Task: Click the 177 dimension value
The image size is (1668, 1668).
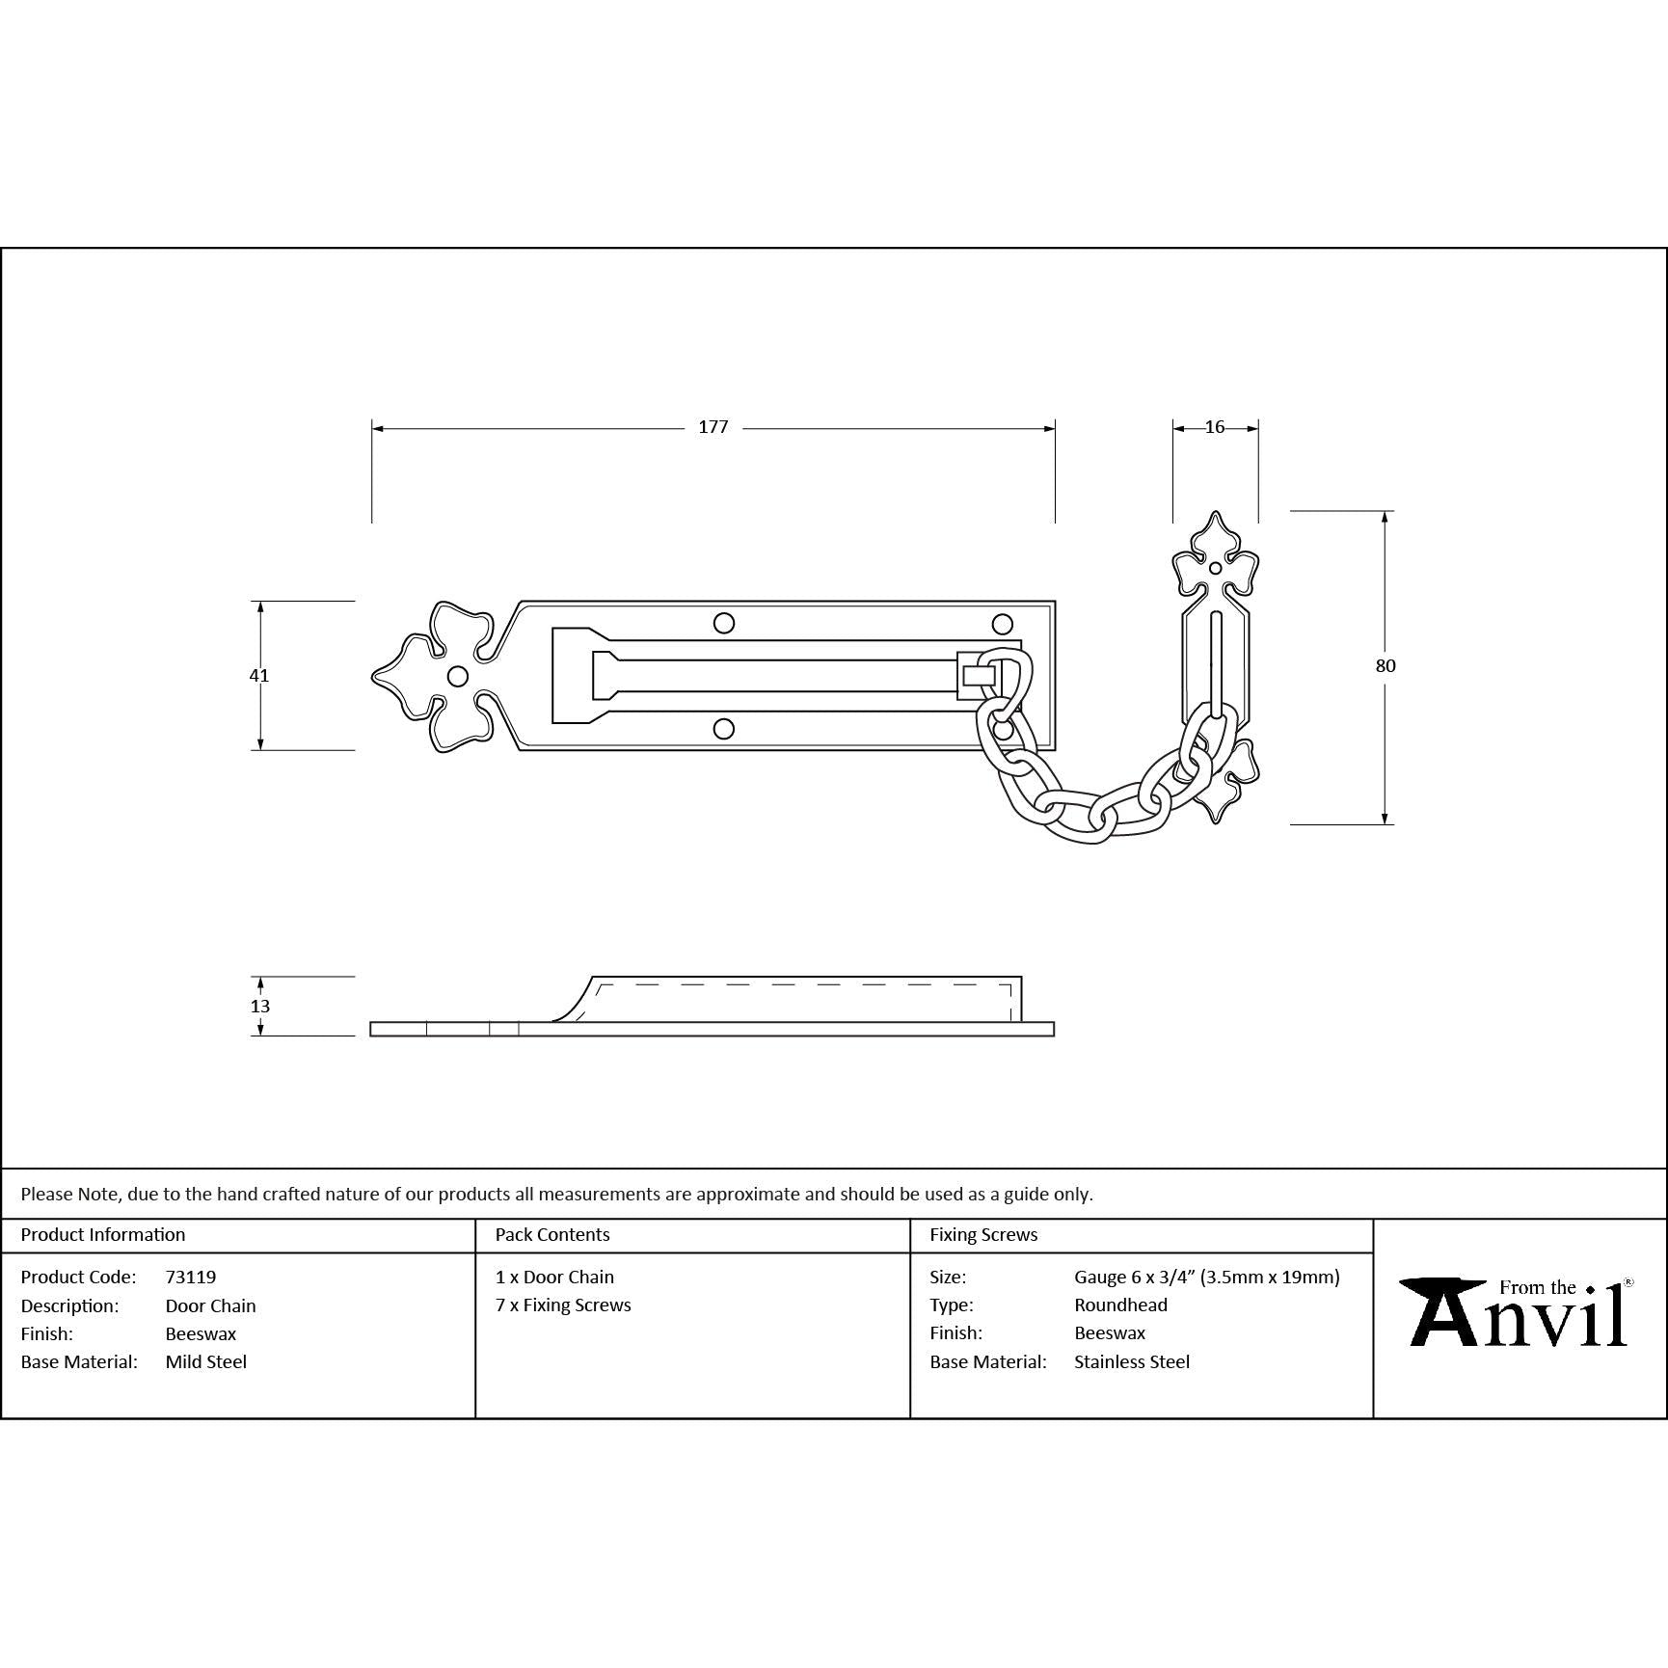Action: point(713,427)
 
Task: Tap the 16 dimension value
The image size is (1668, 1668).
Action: point(1215,427)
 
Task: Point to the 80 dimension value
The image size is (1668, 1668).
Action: point(1386,665)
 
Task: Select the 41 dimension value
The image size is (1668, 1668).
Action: point(259,675)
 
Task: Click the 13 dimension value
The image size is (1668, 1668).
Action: point(259,1006)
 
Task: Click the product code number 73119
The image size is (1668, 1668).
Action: point(191,1277)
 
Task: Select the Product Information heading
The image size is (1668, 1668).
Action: point(103,1234)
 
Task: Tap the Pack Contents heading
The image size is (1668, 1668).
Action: point(552,1234)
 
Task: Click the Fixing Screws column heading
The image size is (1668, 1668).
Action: point(983,1234)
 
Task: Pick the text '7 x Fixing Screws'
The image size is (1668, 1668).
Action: point(563,1305)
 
